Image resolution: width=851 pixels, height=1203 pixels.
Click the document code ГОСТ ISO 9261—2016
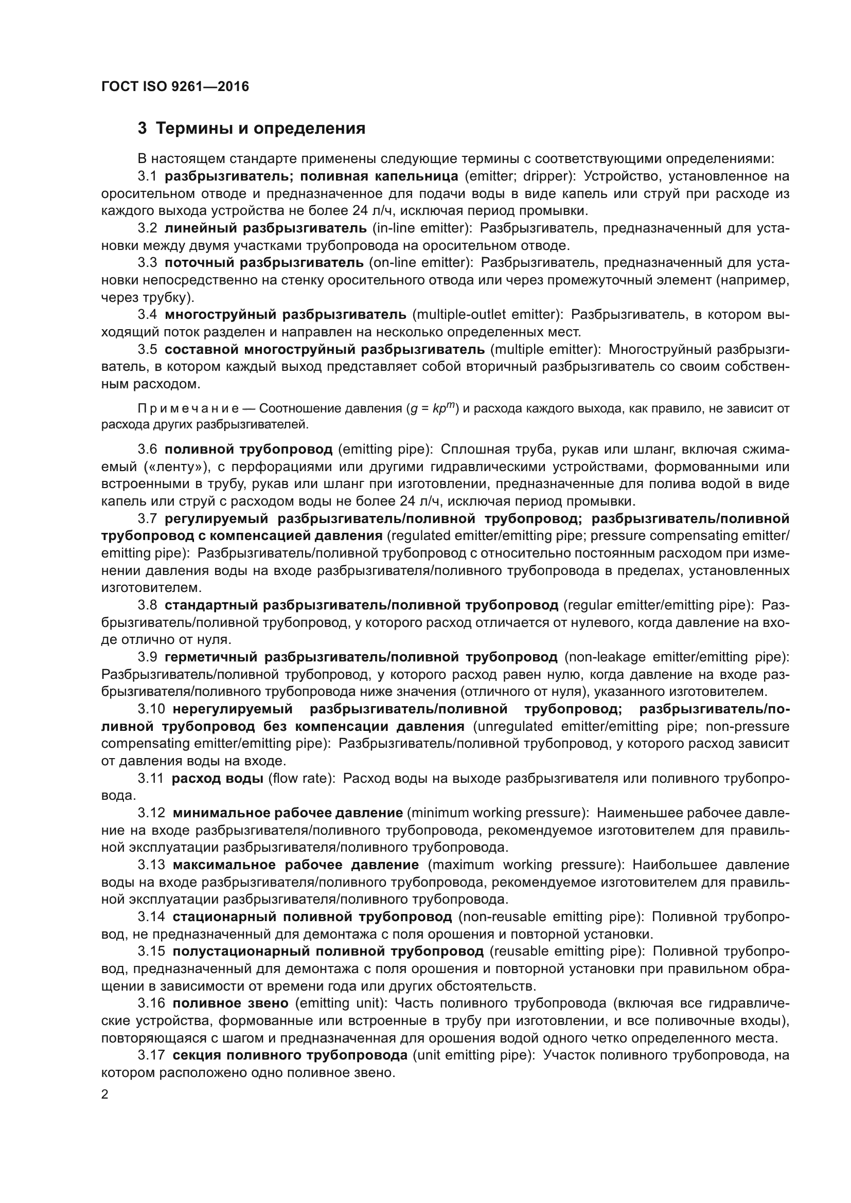coord(175,86)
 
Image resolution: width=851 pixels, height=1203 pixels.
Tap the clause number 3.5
coord(147,349)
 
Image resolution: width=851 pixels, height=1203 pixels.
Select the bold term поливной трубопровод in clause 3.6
coord(249,450)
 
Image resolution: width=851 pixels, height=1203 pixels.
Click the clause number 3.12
coord(151,813)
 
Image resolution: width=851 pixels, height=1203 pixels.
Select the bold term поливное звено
coord(231,1003)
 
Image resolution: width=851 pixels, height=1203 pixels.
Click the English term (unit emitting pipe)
coord(473,1055)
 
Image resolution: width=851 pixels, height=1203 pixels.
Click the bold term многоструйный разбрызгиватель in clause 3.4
coord(285,315)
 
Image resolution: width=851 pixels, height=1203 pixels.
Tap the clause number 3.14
coord(151,917)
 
